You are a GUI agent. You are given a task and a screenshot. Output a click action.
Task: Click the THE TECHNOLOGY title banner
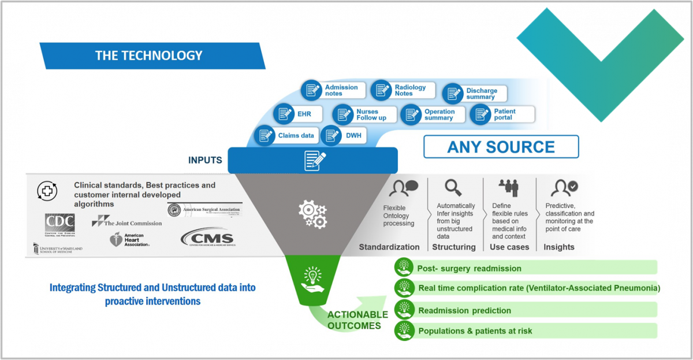coord(149,56)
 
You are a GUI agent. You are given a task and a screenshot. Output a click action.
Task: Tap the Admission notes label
coord(341,91)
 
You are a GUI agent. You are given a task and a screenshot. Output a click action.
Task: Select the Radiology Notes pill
coord(409,91)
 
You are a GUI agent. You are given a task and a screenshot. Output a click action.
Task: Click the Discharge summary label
coord(481,94)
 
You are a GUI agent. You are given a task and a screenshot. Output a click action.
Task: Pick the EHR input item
coord(304,114)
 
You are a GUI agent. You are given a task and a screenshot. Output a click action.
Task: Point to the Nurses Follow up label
coord(371,114)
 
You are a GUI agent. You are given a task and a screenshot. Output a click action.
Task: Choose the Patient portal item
coord(504,114)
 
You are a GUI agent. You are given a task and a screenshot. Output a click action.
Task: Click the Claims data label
coord(296,136)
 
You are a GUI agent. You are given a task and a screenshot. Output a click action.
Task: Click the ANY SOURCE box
coord(501,147)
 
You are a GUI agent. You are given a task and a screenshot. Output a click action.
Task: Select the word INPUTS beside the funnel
coord(205,160)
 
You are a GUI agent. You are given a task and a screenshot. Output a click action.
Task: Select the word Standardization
coord(389,247)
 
